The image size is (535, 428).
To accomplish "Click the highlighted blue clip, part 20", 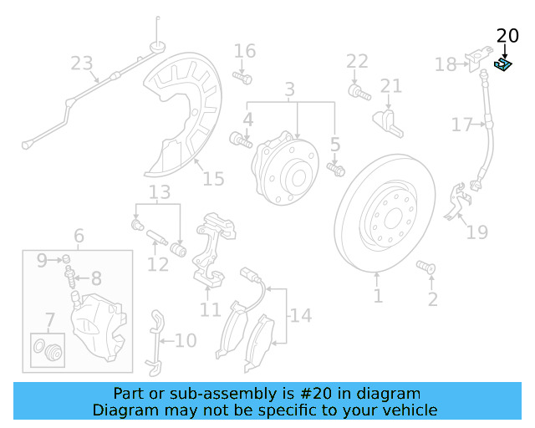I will (x=503, y=64).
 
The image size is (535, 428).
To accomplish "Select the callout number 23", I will (x=81, y=64).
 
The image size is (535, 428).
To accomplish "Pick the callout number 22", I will (x=357, y=60).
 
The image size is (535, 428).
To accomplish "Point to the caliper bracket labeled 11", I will (x=209, y=250).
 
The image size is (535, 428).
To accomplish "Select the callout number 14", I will (x=301, y=316).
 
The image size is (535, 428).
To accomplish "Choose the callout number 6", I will (x=79, y=237).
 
